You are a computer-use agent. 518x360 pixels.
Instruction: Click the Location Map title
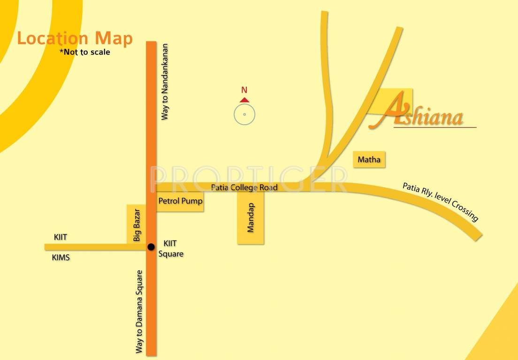pos(75,38)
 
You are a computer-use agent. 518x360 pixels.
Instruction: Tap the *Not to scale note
pos(84,52)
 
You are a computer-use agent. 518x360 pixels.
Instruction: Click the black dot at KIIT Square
pos(151,247)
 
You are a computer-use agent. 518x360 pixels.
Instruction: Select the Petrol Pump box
pos(180,202)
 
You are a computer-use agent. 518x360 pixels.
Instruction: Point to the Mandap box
pos(251,218)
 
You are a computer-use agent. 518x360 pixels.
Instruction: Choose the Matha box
pos(369,160)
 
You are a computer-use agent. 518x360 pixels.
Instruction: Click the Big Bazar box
pos(137,225)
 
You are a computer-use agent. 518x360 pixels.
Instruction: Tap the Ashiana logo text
pos(422,115)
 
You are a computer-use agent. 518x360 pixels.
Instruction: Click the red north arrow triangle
pos(244,99)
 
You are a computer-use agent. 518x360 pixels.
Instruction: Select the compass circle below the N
pos(244,114)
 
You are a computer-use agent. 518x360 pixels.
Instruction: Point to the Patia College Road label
pos(244,187)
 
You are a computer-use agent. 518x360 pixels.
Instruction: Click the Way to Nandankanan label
pos(164,82)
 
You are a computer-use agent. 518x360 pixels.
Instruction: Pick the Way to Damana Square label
pos(139,311)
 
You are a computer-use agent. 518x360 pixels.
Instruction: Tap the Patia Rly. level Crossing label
pos(440,202)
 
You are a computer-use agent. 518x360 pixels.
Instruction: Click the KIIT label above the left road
pos(61,238)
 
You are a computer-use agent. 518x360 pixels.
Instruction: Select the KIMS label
pos(61,257)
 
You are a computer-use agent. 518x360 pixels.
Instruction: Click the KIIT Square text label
pos(173,249)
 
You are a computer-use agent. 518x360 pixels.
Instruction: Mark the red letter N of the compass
pos(244,90)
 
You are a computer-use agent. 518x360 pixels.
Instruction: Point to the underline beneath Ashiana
pos(435,127)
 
